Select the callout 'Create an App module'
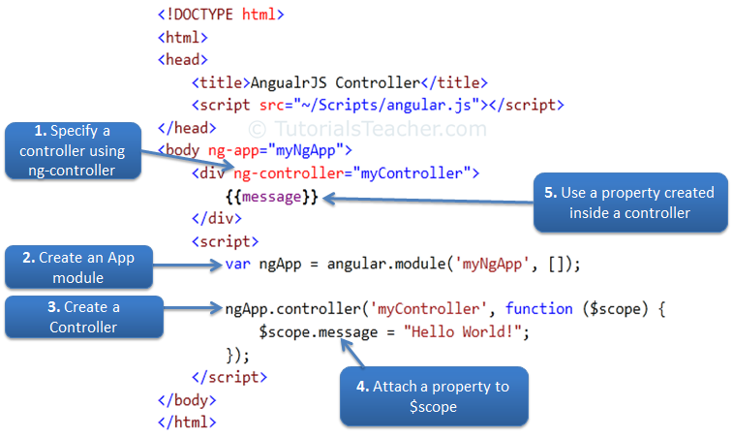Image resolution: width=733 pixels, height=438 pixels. tap(78, 267)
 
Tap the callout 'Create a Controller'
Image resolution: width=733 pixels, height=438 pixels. tap(84, 317)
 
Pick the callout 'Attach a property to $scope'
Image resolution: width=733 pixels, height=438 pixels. tap(432, 395)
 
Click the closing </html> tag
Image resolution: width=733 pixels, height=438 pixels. tap(188, 422)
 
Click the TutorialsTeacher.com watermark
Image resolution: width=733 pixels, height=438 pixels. tap(368, 129)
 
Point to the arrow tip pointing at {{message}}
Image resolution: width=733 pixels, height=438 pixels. tap(326, 198)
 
